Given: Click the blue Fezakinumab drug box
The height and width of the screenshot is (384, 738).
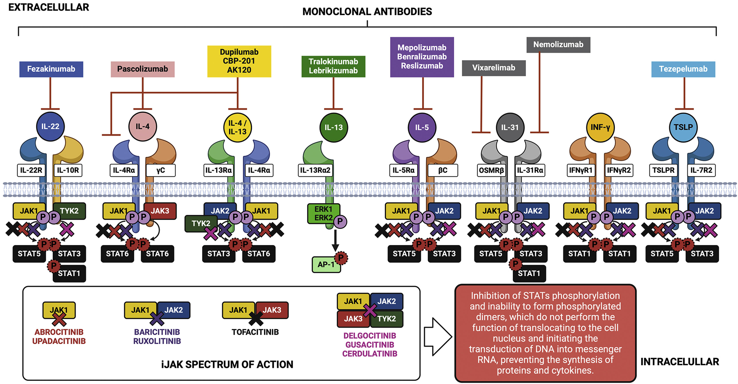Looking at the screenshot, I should (x=51, y=69).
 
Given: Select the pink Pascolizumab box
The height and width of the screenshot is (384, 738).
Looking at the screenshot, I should (x=142, y=69).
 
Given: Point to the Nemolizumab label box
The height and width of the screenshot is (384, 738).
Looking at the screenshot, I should (x=558, y=45).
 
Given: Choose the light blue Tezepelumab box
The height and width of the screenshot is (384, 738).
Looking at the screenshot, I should (x=683, y=69).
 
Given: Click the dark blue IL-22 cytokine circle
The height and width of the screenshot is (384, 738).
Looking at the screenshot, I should (x=50, y=126).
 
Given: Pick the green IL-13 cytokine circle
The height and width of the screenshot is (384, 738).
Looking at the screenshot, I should (x=334, y=127).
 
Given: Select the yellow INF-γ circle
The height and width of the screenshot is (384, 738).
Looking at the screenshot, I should (x=600, y=127).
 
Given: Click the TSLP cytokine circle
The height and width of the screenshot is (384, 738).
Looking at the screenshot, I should (x=683, y=127).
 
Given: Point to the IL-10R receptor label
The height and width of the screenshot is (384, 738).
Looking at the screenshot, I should (x=68, y=170).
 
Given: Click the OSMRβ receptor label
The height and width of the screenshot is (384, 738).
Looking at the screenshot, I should (x=491, y=170).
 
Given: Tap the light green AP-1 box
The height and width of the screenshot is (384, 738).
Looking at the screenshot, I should (x=326, y=264).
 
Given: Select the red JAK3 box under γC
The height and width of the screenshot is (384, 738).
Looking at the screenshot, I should (x=160, y=211).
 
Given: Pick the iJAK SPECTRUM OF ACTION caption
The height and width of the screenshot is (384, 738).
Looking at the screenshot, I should (x=227, y=364).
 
